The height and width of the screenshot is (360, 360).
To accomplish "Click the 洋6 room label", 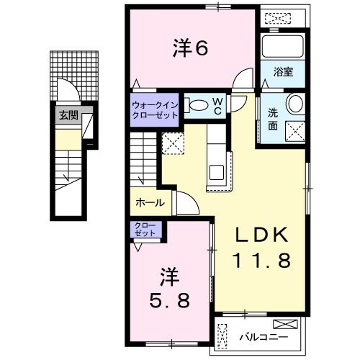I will [x=190, y=48].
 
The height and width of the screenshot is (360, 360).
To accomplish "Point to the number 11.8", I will [x=261, y=260].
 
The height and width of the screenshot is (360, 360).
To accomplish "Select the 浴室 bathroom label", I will [x=283, y=72].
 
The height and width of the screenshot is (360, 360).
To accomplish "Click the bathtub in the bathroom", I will [x=283, y=48].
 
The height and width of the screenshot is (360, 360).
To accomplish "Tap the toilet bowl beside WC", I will [x=196, y=105].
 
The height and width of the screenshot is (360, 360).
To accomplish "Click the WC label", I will [x=217, y=106].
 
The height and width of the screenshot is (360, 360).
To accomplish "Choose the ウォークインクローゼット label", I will [x=154, y=109].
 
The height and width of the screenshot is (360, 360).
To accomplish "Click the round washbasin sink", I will [x=295, y=104].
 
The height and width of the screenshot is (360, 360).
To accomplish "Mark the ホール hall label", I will [x=150, y=204].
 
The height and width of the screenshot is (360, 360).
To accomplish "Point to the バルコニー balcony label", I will [x=263, y=336].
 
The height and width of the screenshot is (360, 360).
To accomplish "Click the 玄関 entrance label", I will [x=68, y=115].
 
